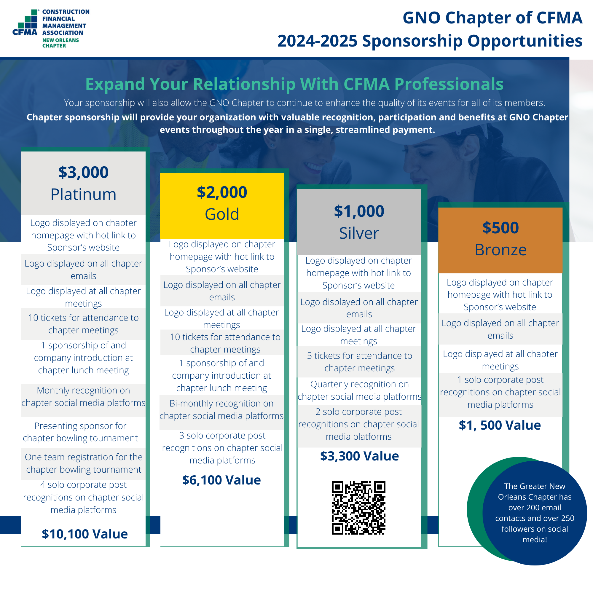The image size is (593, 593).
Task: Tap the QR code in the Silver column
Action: pyautogui.click(x=358, y=508)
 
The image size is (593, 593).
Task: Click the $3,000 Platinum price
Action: pyautogui.click(x=84, y=172)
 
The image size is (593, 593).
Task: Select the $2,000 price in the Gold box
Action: pyautogui.click(x=222, y=192)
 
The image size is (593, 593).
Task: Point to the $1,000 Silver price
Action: pyautogui.click(x=359, y=211)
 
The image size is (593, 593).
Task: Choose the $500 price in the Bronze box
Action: pyautogui.click(x=500, y=228)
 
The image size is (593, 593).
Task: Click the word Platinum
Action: pyautogui.click(x=84, y=194)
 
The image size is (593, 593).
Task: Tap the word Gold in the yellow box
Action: pyautogui.click(x=222, y=214)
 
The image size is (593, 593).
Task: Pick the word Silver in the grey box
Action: pyautogui.click(x=359, y=233)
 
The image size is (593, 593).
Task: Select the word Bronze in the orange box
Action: pyautogui.click(x=500, y=250)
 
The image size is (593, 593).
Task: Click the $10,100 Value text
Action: pyautogui.click(x=85, y=534)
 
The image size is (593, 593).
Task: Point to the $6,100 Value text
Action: pyautogui.click(x=221, y=480)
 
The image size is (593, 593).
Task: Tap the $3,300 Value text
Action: pyautogui.click(x=359, y=456)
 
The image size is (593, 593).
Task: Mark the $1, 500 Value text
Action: pyautogui.click(x=500, y=425)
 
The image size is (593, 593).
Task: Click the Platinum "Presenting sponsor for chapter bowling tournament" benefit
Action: pyautogui.click(x=80, y=432)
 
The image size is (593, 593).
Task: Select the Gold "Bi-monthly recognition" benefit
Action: pyautogui.click(x=221, y=409)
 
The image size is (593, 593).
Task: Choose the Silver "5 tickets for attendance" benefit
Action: pyautogui.click(x=359, y=361)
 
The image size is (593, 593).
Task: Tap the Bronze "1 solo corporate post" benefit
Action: pyautogui.click(x=500, y=392)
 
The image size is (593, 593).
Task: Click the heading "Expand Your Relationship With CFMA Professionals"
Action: pyautogui.click(x=294, y=84)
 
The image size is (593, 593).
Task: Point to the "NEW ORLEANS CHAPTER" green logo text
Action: pyautogui.click(x=60, y=43)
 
